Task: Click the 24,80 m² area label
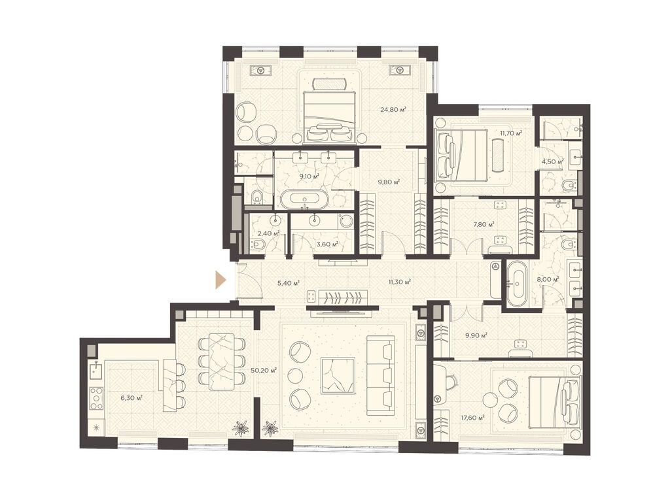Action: click(393, 110)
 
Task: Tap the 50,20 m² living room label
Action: click(264, 370)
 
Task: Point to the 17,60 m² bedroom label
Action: click(472, 418)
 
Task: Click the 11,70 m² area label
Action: click(511, 133)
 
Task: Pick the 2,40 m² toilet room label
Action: click(268, 233)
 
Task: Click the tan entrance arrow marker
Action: click(220, 280)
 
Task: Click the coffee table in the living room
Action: click(338, 376)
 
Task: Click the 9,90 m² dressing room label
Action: click(476, 335)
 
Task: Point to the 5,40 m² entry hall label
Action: click(288, 283)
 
